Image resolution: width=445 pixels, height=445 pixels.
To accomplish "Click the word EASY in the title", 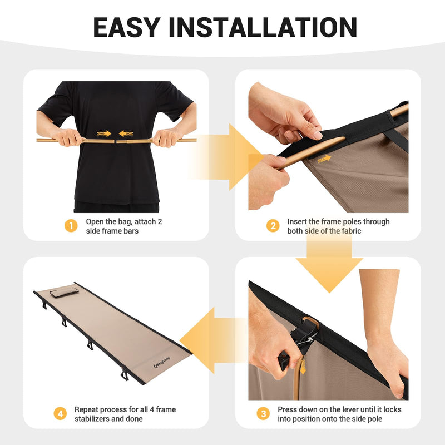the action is [127, 27].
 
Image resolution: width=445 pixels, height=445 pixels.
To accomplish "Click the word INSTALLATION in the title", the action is [263, 27].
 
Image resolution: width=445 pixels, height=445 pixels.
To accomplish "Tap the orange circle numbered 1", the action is [71, 226].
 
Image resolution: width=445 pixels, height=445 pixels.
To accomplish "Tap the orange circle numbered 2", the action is [273, 226].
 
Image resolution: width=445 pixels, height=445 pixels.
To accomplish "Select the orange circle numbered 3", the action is [263, 414].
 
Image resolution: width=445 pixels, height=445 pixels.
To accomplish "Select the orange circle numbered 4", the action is [60, 414].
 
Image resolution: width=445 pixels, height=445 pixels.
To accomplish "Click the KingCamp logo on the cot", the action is [162, 363].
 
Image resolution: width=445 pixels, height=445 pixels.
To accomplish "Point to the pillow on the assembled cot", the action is [65, 293].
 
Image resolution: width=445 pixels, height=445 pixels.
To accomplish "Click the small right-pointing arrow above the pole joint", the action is [104, 133].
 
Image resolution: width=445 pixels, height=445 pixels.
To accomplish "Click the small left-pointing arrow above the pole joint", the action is [126, 133].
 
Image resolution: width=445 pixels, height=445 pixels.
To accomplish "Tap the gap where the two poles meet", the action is [115, 141].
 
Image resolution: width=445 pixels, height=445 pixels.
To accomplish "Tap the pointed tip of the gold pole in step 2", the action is [344, 138].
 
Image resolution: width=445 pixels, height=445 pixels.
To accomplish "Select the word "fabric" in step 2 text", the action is [352, 231].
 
